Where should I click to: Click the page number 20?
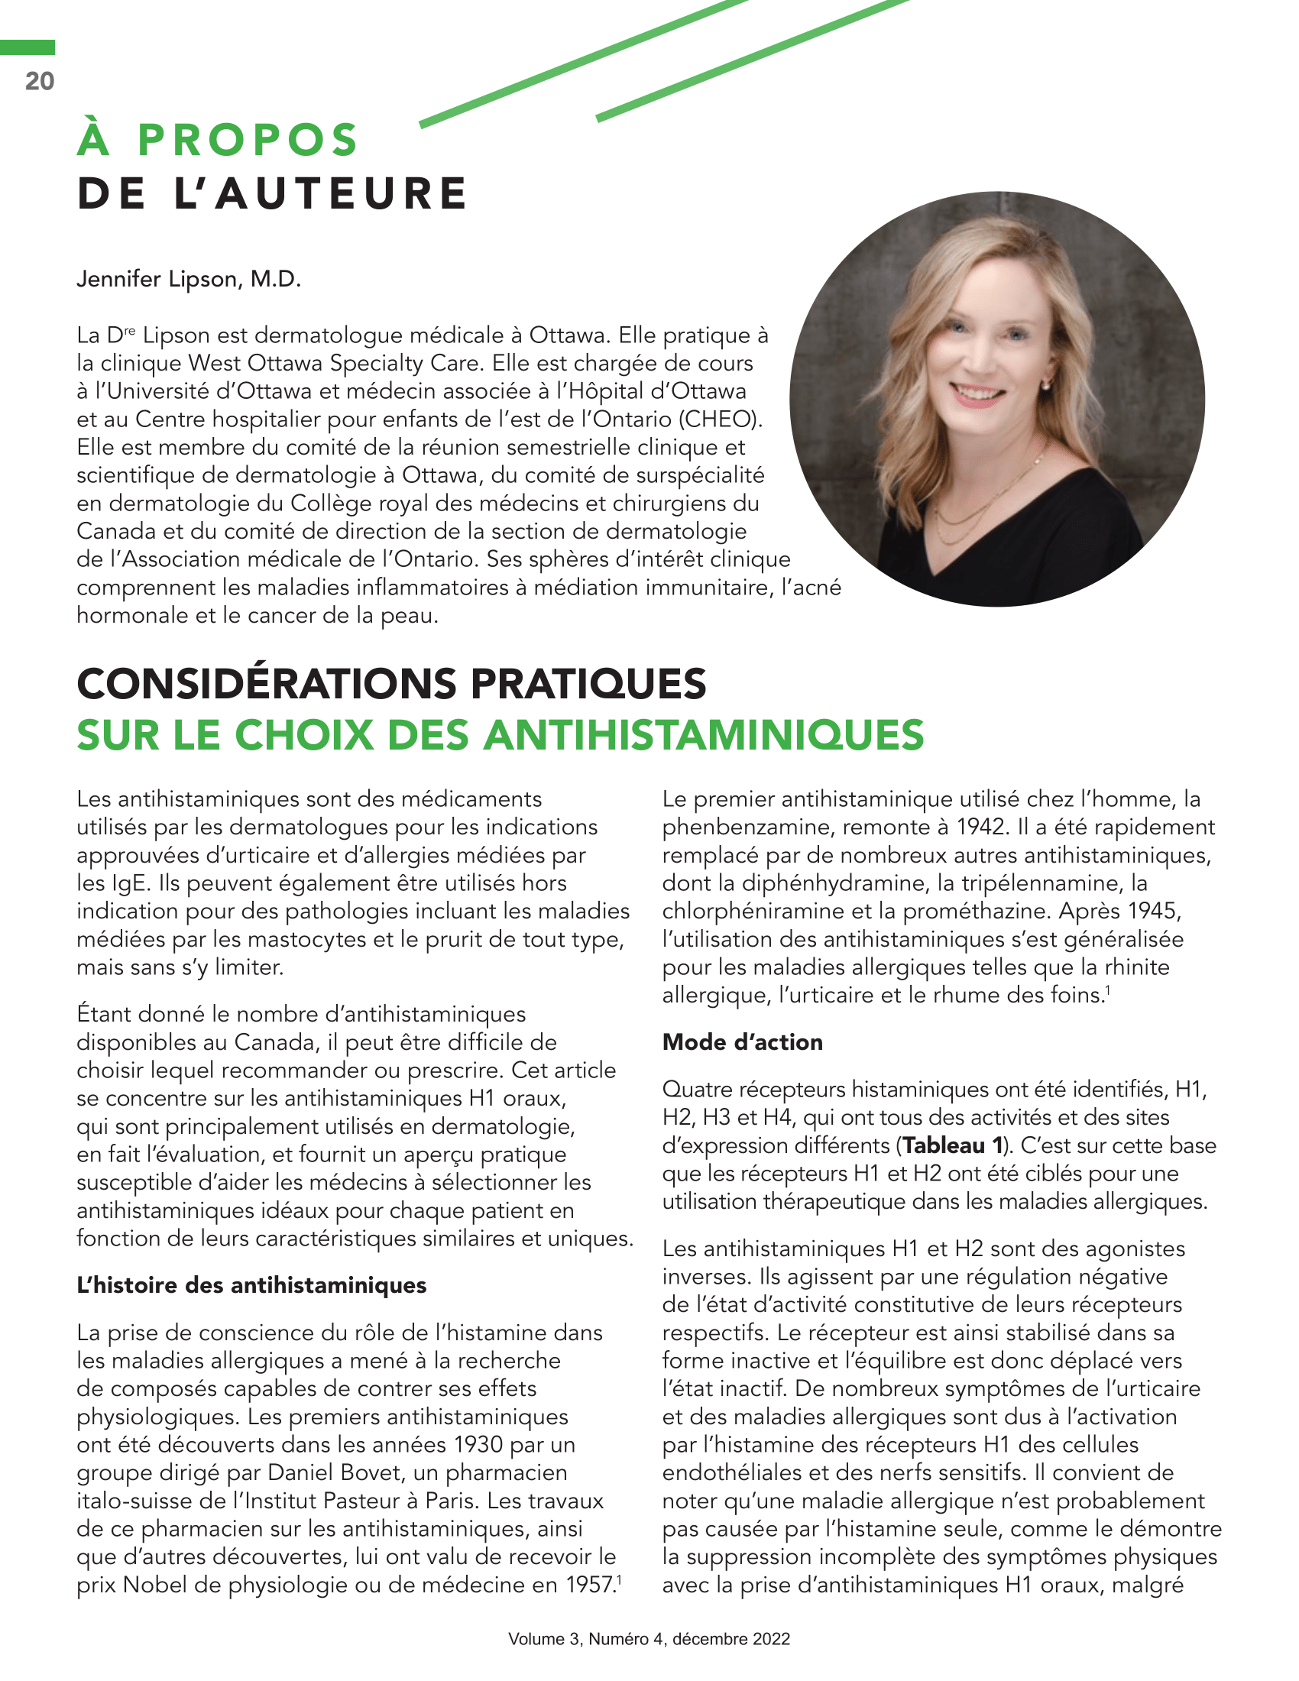pyautogui.click(x=40, y=81)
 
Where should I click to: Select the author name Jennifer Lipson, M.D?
pyautogui.click(x=189, y=279)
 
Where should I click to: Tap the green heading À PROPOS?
pyautogui.click(x=218, y=140)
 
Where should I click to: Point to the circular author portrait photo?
pyautogui.click(x=996, y=399)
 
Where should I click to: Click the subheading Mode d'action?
pyautogui.click(x=743, y=1042)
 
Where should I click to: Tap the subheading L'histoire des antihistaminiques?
pyautogui.click(x=251, y=1285)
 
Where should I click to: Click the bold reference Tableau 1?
pyautogui.click(x=952, y=1145)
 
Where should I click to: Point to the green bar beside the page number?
pyautogui.click(x=28, y=47)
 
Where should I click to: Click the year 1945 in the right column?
pyautogui.click(x=1155, y=912)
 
